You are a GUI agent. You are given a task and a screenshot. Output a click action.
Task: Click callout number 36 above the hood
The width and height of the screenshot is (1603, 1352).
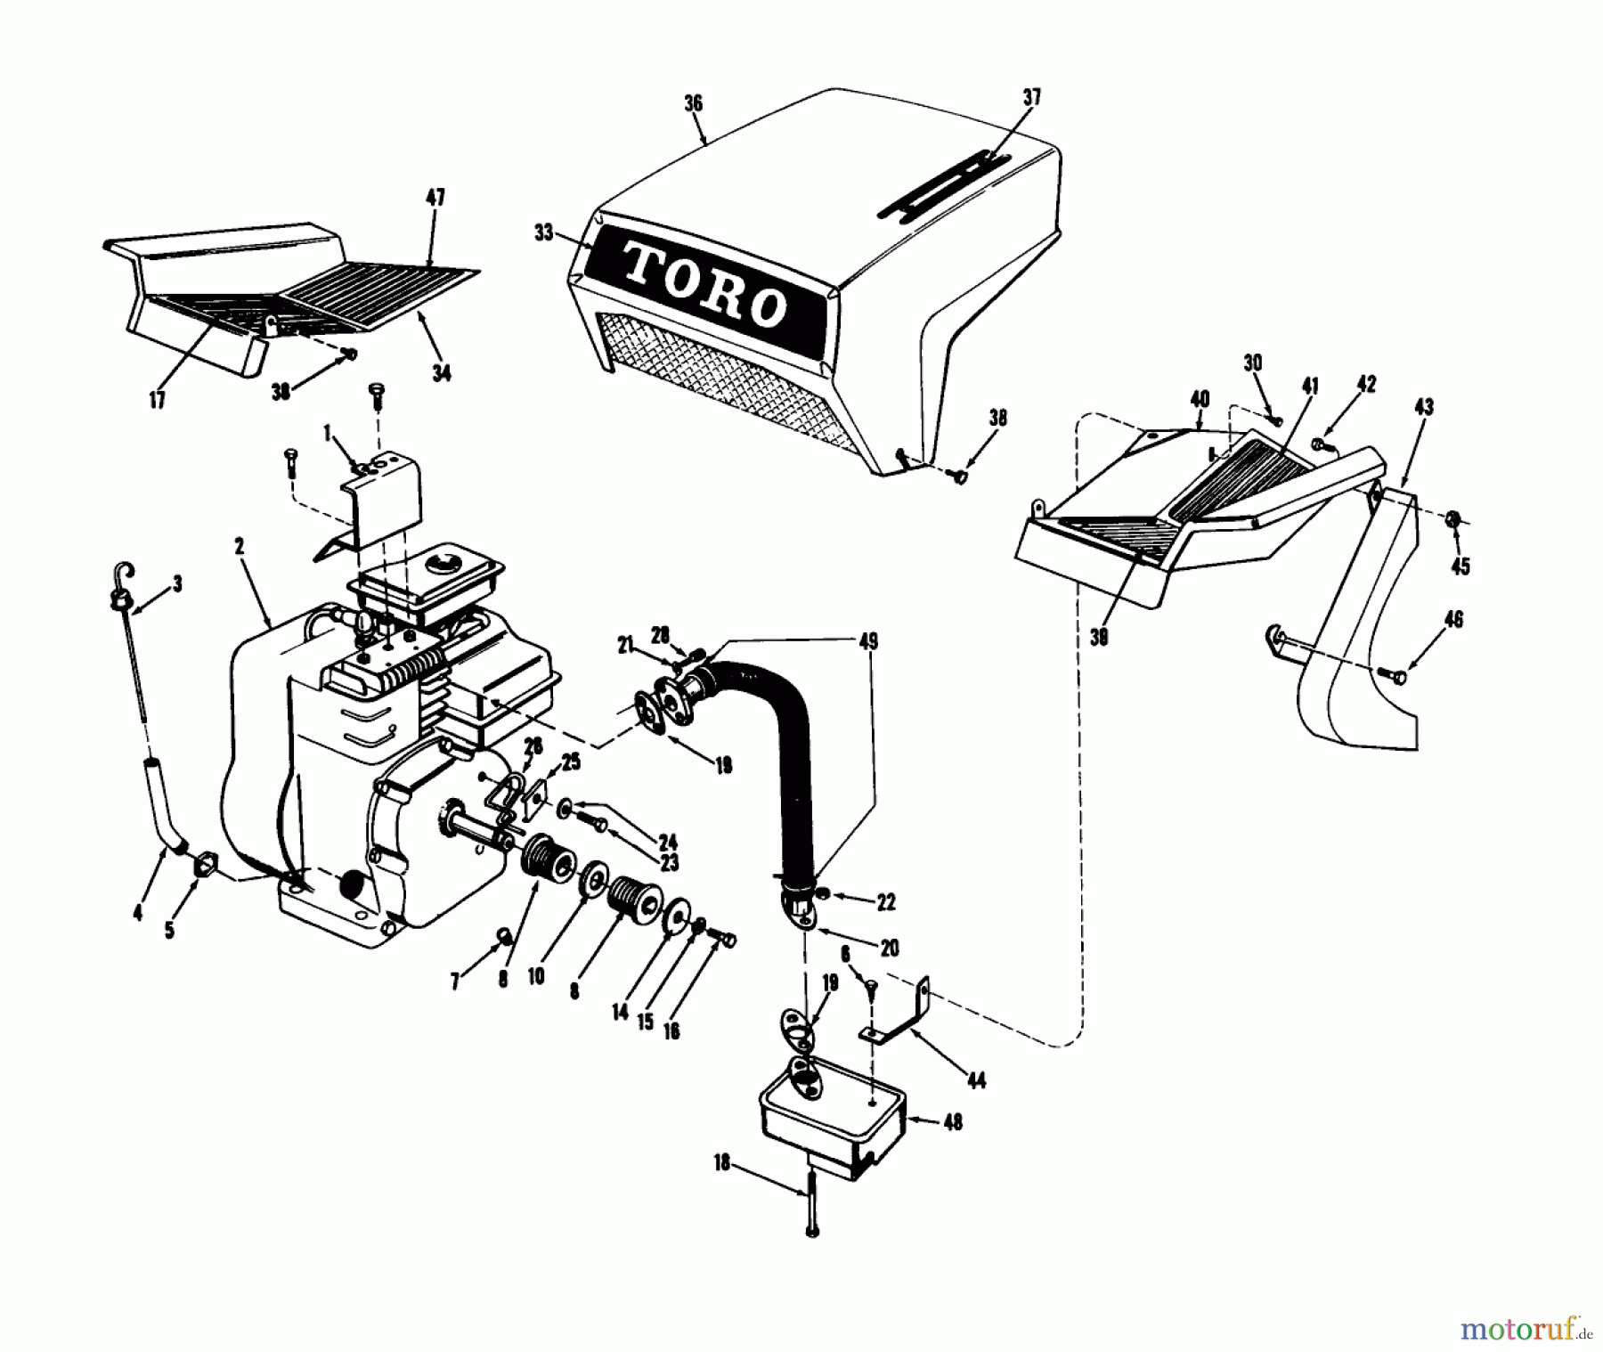point(693,103)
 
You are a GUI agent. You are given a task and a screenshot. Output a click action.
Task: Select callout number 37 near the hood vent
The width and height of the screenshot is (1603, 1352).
point(1031,97)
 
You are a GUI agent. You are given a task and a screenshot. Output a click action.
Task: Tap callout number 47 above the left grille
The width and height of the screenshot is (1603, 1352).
point(435,197)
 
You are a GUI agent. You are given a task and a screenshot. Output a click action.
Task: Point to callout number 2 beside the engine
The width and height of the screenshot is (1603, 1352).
point(240,547)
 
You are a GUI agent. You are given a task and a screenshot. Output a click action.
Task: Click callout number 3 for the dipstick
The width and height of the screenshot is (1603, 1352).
point(177,584)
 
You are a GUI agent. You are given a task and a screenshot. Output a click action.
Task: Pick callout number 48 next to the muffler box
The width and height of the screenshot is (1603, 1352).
point(952,1122)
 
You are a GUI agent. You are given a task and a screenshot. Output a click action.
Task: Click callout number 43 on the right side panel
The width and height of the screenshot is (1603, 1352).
point(1423,407)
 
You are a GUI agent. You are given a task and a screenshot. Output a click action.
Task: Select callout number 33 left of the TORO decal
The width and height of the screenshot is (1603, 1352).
point(543,233)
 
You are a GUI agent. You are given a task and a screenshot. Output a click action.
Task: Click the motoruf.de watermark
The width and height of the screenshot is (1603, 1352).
point(1526,1331)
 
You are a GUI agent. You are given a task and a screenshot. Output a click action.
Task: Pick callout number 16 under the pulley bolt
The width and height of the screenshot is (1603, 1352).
point(671,1030)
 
